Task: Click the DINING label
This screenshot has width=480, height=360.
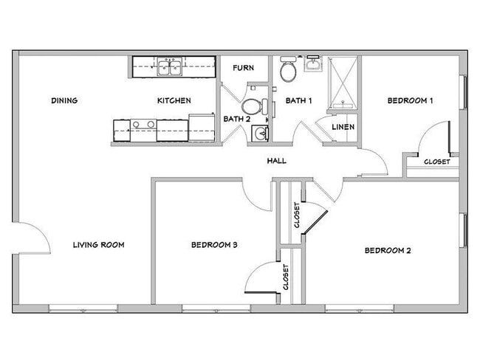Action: click(65, 101)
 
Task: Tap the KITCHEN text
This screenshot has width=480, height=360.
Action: click(174, 101)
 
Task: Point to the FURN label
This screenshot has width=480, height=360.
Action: click(244, 68)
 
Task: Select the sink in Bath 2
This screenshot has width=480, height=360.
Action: click(259, 134)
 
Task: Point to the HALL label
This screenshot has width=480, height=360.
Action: click(277, 161)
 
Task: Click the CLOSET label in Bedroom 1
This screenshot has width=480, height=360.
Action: click(436, 162)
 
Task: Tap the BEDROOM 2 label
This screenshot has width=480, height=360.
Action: click(388, 251)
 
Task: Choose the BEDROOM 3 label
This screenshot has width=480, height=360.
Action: click(213, 245)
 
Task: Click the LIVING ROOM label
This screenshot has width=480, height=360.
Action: click(97, 245)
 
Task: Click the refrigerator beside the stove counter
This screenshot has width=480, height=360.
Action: click(200, 126)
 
